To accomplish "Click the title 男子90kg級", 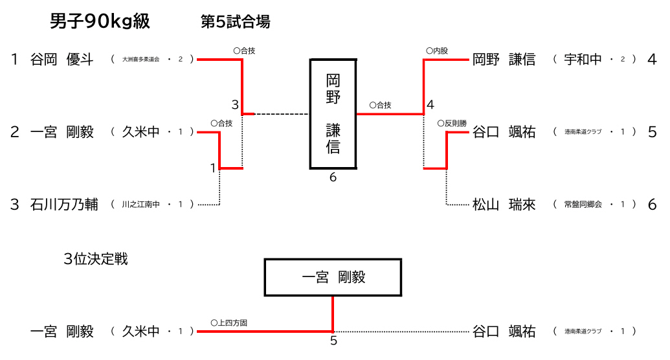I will click(100, 22).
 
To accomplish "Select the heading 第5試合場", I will click(235, 22).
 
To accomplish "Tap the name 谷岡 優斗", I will click(62, 60).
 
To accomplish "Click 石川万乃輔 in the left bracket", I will click(64, 205).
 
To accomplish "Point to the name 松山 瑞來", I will click(504, 205).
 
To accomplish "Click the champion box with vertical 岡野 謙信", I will click(333, 114).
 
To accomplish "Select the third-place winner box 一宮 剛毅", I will click(333, 277).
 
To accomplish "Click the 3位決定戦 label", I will click(96, 259).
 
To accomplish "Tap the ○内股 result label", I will click(437, 50).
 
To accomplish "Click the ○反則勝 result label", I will click(452, 122).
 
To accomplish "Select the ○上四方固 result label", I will click(229, 322).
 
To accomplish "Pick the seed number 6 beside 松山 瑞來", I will click(652, 205).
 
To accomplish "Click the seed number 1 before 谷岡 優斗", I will click(14, 60).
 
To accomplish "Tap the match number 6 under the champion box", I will click(333, 177).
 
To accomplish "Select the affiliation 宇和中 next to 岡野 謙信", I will click(583, 60).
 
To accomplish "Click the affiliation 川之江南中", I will click(140, 205).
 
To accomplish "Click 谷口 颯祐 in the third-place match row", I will click(504, 332).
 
